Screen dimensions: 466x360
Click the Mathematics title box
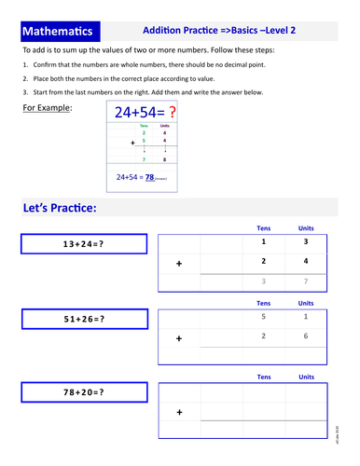[x=61, y=31]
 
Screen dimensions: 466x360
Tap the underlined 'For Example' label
[x=51, y=109]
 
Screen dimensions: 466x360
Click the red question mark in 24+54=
[x=171, y=113]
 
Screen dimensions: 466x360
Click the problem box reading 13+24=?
[x=84, y=244]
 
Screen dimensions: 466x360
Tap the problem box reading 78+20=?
[x=84, y=392]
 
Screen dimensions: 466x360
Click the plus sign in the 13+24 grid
[x=180, y=264]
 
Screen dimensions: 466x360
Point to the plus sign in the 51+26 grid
[x=180, y=338]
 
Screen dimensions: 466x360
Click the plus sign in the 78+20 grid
[x=180, y=412]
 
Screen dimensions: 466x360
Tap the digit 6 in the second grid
[x=306, y=336]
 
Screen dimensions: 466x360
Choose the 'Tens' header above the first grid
[x=264, y=227]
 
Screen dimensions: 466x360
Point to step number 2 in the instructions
[x=24, y=81]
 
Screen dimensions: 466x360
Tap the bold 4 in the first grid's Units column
[x=306, y=262]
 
